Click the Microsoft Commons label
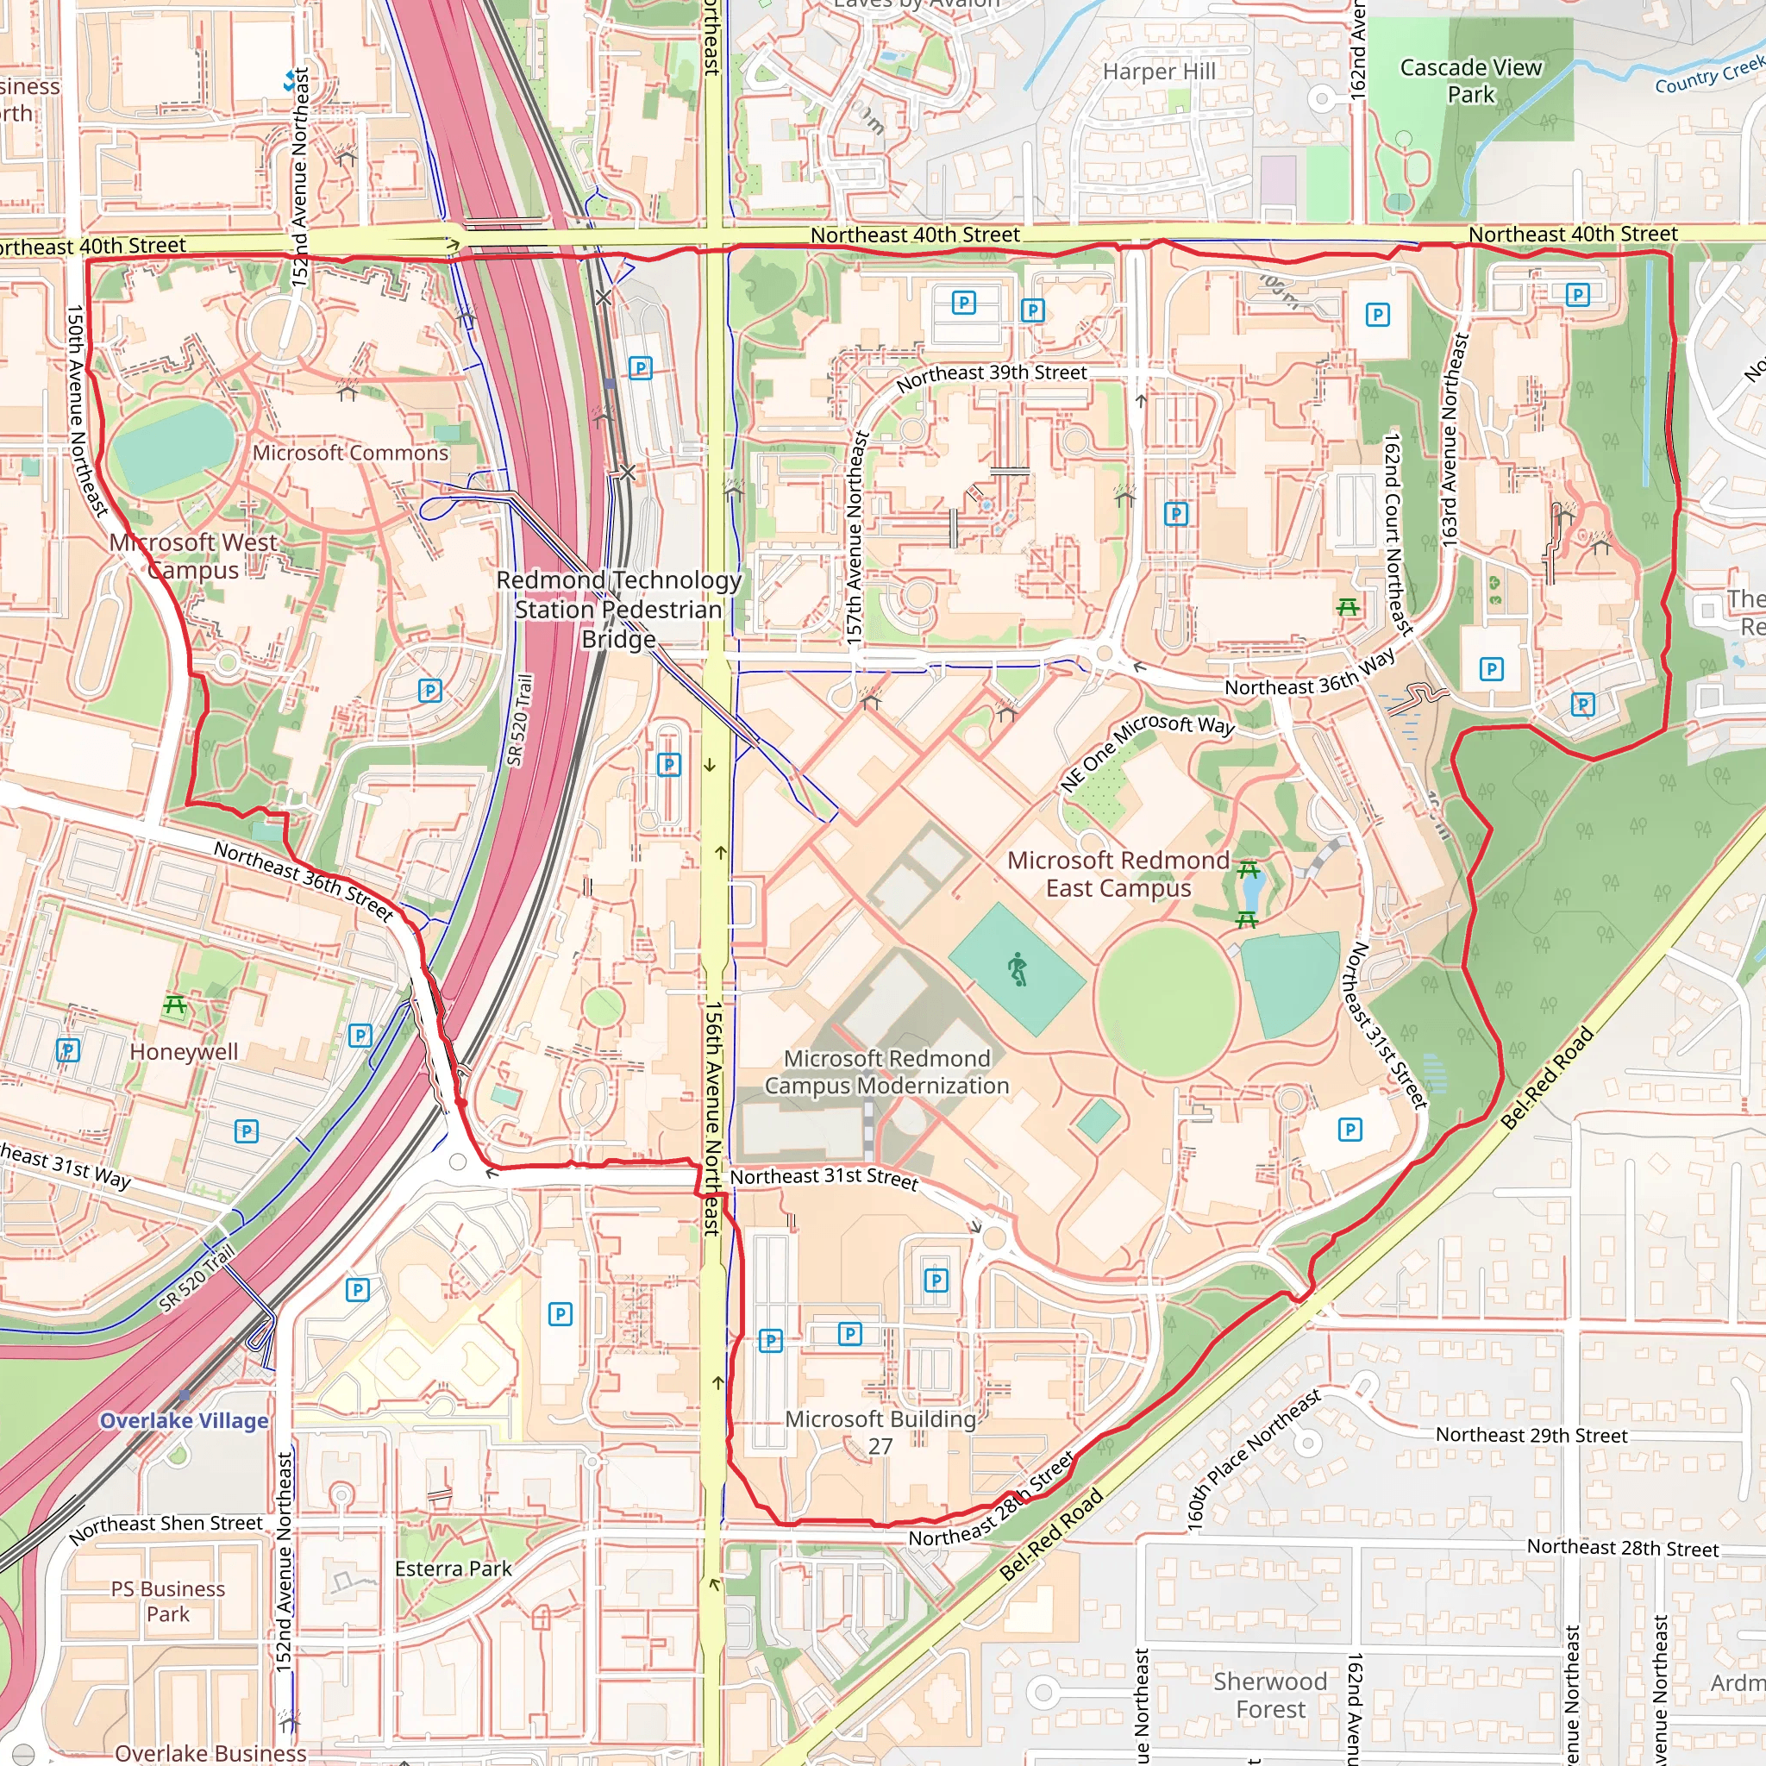click(x=350, y=453)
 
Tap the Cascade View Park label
click(x=1470, y=81)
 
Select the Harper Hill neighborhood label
click(x=1158, y=72)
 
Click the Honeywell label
click(x=184, y=1051)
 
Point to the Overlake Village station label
click(x=184, y=1420)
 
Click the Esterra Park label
click(x=453, y=1569)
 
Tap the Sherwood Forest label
click(x=1269, y=1694)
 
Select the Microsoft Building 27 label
click(x=880, y=1432)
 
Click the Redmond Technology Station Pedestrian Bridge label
click(x=618, y=609)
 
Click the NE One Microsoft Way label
click(x=1146, y=751)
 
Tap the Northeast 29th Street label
click(x=1531, y=1435)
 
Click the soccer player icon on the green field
click(x=1018, y=969)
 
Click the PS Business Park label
click(x=168, y=1601)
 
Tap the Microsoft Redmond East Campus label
click(x=1118, y=874)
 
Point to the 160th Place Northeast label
click(x=1253, y=1460)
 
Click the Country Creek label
click(x=1709, y=76)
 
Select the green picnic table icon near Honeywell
click(x=174, y=1006)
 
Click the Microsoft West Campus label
click(x=193, y=556)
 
